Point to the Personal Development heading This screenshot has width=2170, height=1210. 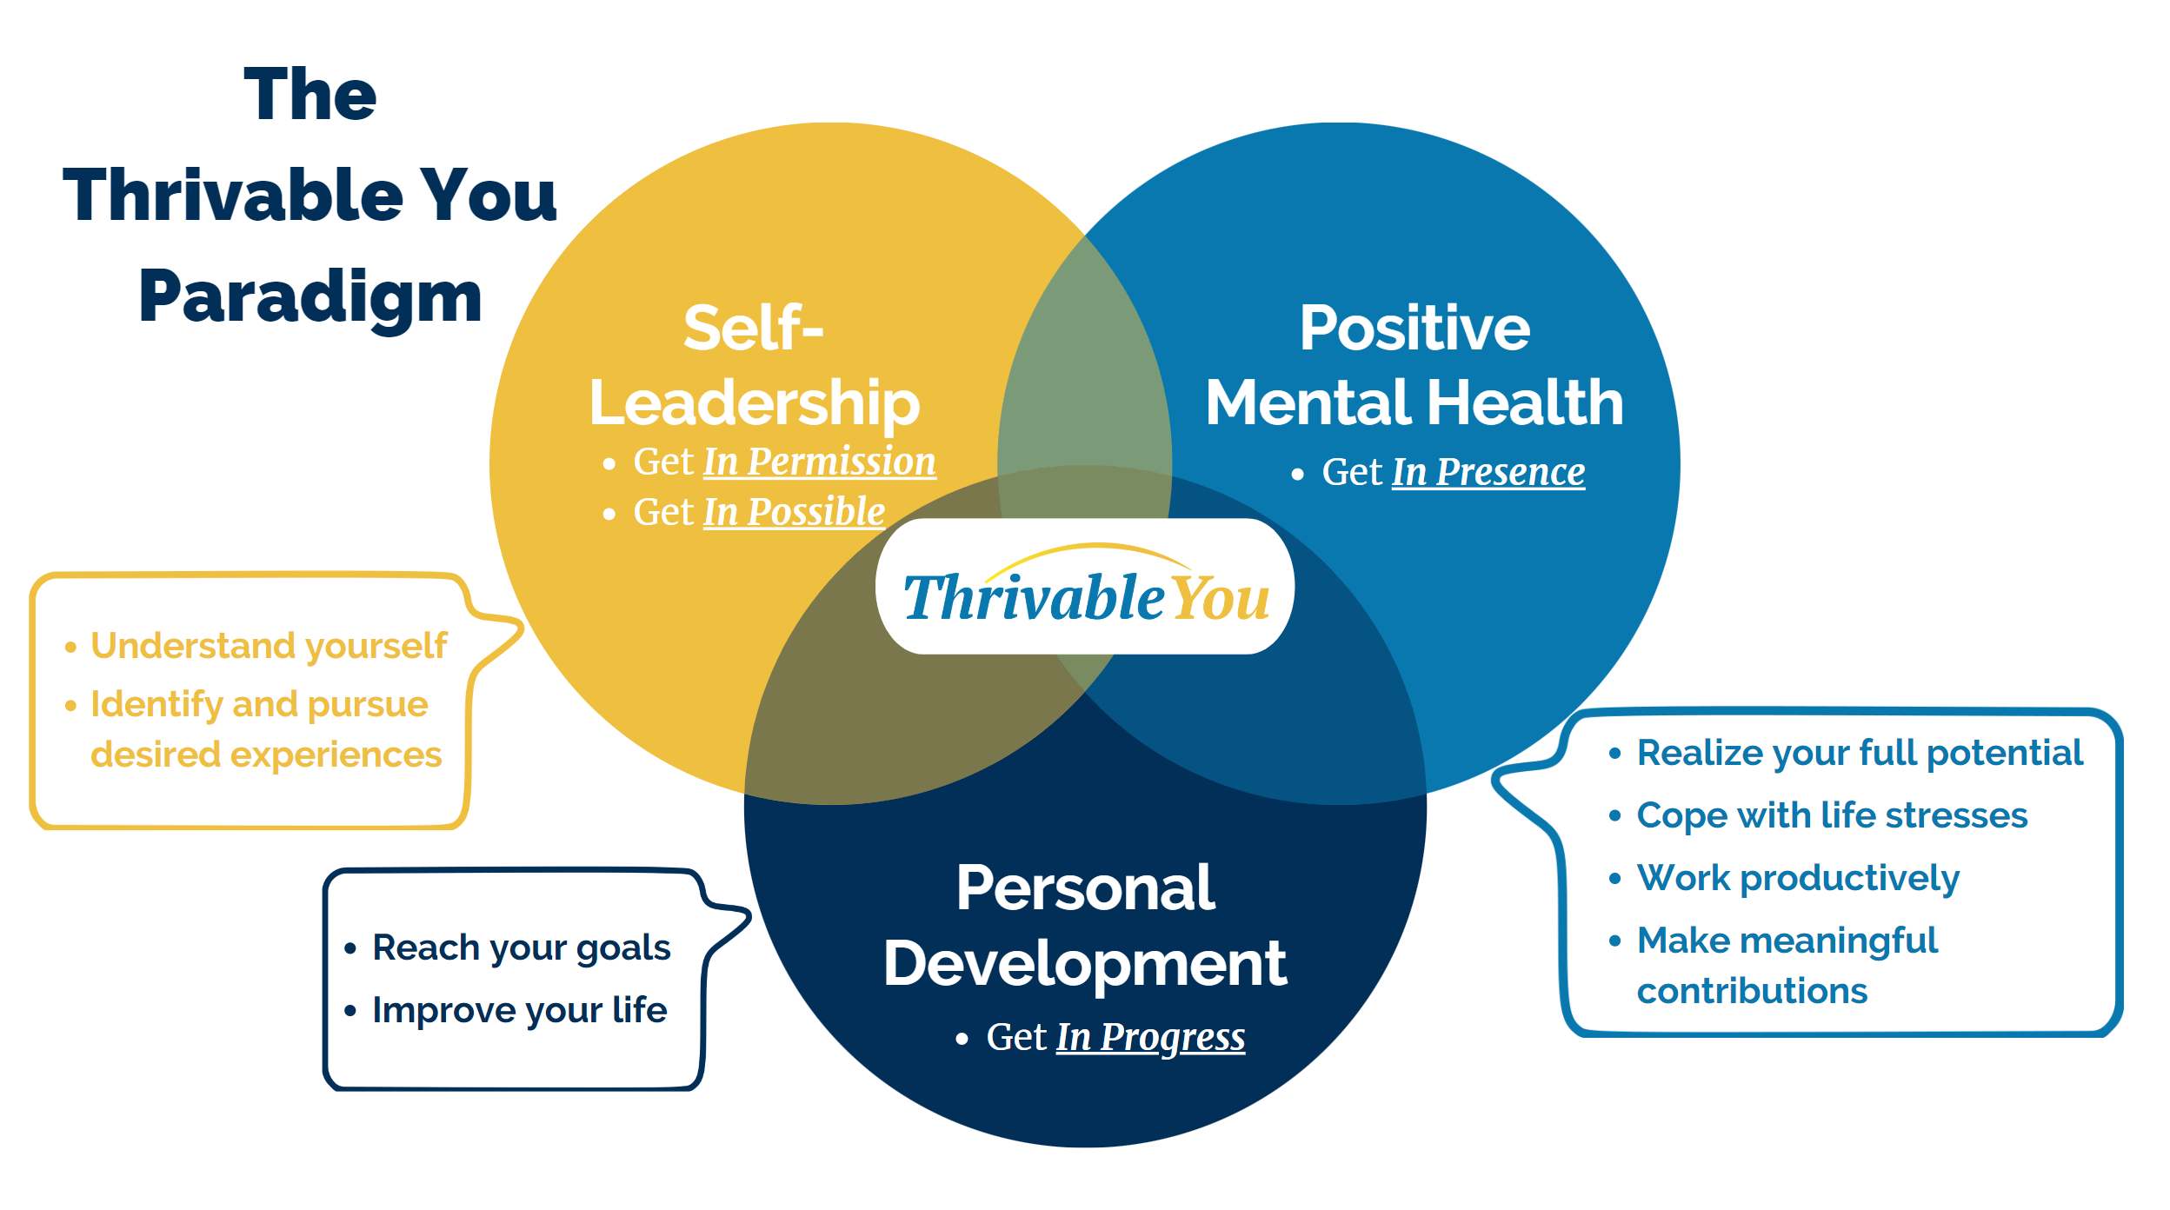(1085, 926)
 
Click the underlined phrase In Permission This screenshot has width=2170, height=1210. (819, 462)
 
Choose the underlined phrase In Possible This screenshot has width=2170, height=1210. (794, 512)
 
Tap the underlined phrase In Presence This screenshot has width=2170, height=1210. (1488, 472)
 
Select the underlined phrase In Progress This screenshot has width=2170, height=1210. (1150, 1037)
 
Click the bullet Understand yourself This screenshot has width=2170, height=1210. (269, 646)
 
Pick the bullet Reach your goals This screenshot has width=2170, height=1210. (521, 947)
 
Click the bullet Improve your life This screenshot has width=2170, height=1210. (519, 1010)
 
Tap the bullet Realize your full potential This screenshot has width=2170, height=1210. (1860, 753)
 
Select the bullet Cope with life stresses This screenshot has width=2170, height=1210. (1832, 815)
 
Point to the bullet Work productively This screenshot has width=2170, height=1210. (1798, 878)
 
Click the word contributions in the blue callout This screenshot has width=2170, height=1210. (1752, 991)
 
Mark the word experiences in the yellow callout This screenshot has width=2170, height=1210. (336, 755)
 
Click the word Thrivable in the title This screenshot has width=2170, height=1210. (233, 196)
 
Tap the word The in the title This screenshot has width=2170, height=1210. (310, 95)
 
